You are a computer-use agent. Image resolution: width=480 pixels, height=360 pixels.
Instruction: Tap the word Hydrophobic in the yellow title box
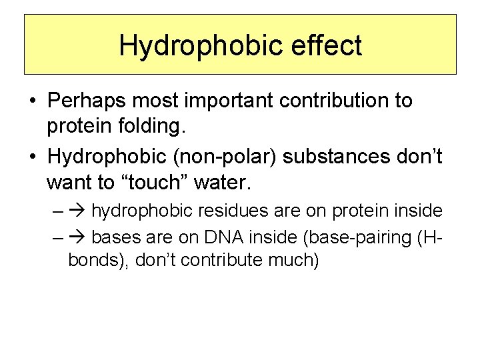(x=195, y=45)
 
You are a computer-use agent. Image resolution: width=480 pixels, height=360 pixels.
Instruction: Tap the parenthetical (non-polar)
(x=227, y=157)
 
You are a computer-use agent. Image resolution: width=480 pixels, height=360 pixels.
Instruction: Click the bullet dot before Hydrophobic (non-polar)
(x=32, y=157)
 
